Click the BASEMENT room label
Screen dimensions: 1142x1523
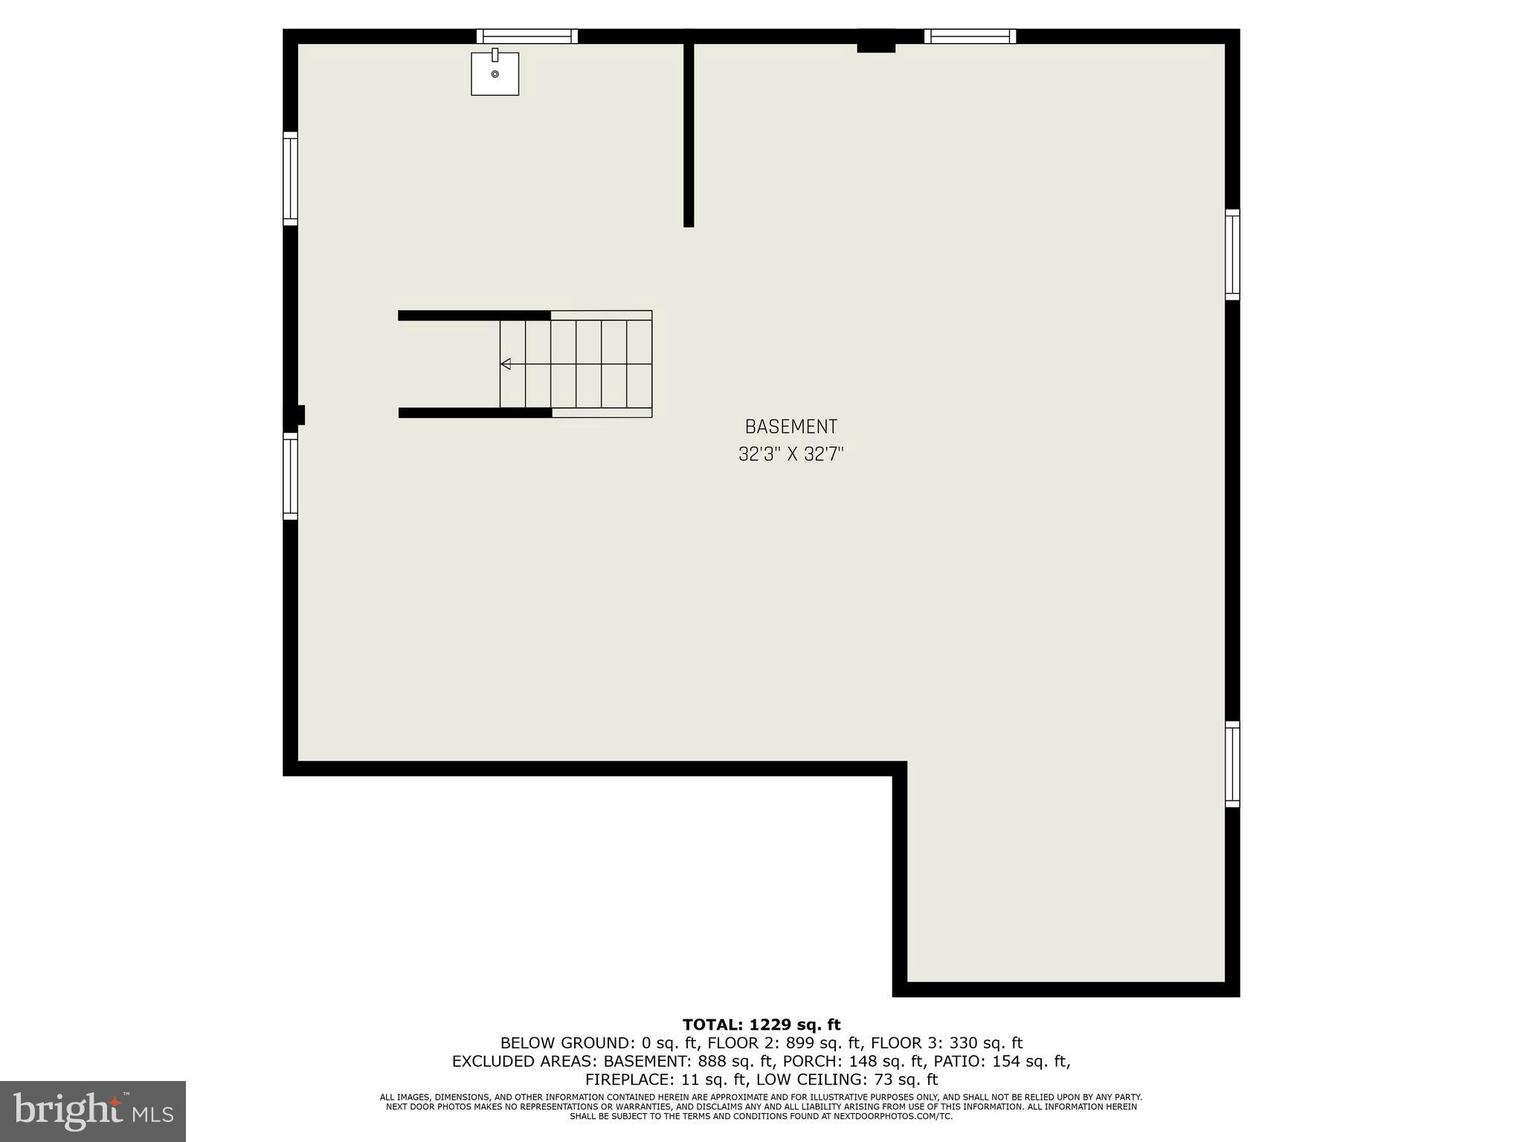[x=791, y=427]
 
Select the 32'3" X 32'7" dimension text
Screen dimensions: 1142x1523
[x=791, y=454]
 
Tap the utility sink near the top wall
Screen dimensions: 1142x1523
[x=495, y=74]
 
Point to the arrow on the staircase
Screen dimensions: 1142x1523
[x=506, y=364]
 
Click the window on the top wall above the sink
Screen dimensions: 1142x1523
[x=527, y=36]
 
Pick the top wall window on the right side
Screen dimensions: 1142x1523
[x=970, y=36]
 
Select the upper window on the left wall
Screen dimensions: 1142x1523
[x=290, y=178]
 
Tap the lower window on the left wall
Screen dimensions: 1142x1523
[x=290, y=476]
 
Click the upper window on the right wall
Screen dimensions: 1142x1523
[x=1232, y=255]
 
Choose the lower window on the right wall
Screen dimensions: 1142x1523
[x=1232, y=764]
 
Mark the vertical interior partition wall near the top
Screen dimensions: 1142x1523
[x=689, y=134]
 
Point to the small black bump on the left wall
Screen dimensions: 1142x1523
[x=300, y=414]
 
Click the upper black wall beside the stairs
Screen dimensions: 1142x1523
[x=474, y=315]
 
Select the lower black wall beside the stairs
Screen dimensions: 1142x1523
[x=474, y=413]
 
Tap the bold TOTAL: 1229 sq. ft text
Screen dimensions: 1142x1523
[x=761, y=1025]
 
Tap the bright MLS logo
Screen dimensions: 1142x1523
[x=93, y=1111]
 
